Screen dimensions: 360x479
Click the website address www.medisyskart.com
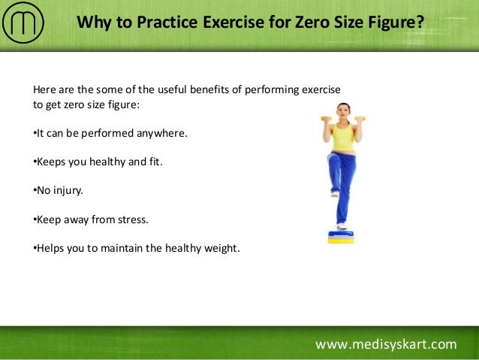click(x=385, y=344)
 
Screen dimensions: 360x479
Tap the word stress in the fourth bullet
click(x=134, y=220)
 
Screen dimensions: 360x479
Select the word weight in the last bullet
click(x=222, y=249)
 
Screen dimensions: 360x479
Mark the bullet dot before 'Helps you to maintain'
click(x=35, y=249)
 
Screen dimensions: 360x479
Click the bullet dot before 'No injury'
click(x=35, y=191)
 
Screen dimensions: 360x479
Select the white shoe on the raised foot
click(x=335, y=193)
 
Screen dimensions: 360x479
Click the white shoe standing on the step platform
click(x=342, y=225)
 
